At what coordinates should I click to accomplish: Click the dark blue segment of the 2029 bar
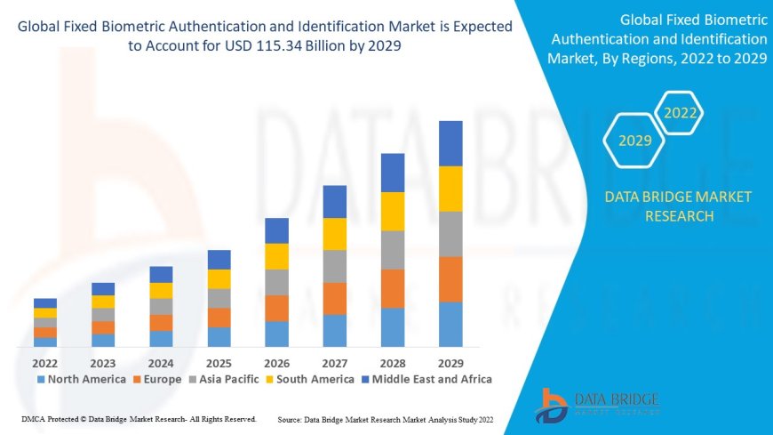point(450,143)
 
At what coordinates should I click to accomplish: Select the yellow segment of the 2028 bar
point(393,212)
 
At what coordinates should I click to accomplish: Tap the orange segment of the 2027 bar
point(335,298)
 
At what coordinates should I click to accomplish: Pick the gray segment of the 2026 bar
point(277,282)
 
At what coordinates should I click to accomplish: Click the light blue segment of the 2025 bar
point(219,336)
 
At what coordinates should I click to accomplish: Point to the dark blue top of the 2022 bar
point(45,303)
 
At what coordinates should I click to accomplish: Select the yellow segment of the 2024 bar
point(161,290)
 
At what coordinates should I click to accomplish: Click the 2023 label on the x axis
point(103,363)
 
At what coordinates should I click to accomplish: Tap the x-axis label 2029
point(450,363)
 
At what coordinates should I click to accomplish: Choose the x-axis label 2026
point(277,363)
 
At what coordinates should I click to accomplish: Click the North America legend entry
point(81,379)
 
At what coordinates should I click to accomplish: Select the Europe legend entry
point(158,379)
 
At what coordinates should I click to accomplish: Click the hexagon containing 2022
point(681,113)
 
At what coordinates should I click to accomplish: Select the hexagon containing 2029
point(635,141)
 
